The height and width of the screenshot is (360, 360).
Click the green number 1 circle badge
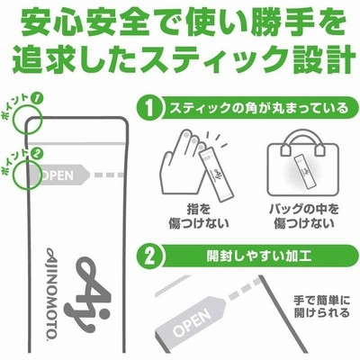point(150,108)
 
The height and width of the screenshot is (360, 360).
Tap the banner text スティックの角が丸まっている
point(259,108)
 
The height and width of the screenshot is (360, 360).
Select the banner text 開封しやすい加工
point(258,256)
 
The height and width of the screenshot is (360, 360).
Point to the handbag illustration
point(303,163)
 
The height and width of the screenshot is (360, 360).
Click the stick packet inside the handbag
point(303,169)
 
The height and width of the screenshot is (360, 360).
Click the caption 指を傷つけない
point(199,216)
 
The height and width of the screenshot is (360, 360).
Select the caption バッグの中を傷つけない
point(303,216)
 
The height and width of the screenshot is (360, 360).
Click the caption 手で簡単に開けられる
point(321,306)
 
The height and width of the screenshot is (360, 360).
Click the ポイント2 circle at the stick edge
point(28,175)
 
